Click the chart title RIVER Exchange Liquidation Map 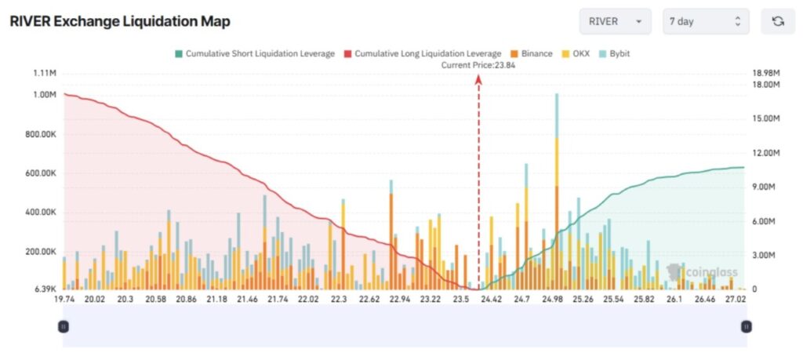[x=119, y=21]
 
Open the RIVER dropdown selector [x=616, y=21]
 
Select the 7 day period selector [x=705, y=21]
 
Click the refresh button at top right [x=778, y=21]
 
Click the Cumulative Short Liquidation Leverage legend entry [x=254, y=54]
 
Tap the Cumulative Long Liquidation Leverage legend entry [x=423, y=54]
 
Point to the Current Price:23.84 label [x=478, y=65]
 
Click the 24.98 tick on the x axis [x=554, y=300]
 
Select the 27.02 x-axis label [x=736, y=300]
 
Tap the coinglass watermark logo [x=702, y=272]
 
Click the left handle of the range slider [x=64, y=326]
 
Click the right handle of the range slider [x=746, y=326]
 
